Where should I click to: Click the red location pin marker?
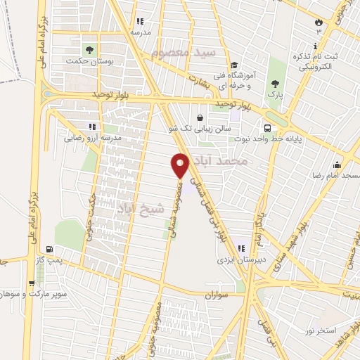pyautogui.click(x=181, y=165)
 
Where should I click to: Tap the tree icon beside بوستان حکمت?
pyautogui.click(x=89, y=49)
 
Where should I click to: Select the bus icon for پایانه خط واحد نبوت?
pyautogui.click(x=268, y=128)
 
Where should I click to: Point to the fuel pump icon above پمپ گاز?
pyautogui.click(x=49, y=249)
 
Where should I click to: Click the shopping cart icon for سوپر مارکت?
pyautogui.click(x=32, y=284)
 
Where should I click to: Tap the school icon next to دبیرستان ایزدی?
pyautogui.click(x=242, y=247)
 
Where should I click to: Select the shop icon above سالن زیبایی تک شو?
pyautogui.click(x=202, y=117)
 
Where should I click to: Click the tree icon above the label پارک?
pyautogui.click(x=273, y=82)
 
